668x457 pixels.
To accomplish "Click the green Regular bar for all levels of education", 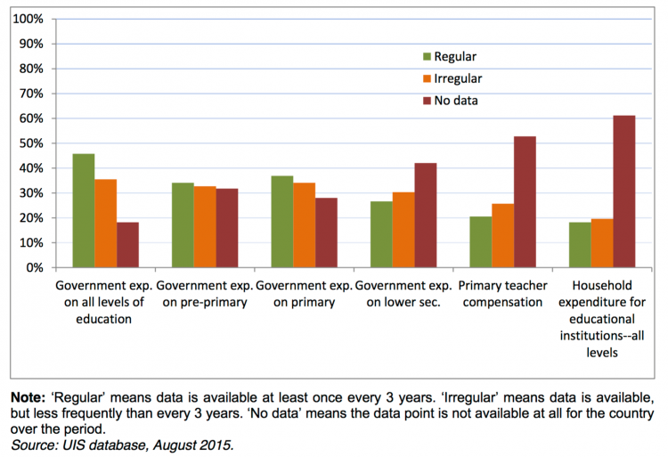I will coord(84,211).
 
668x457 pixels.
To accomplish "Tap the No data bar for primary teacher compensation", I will coord(525,202).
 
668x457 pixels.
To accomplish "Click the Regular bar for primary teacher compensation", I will coord(481,241).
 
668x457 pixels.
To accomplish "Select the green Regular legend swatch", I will coord(425,57).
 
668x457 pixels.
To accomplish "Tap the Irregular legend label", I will coord(459,78).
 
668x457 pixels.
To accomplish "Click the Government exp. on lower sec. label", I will coord(403,295).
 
